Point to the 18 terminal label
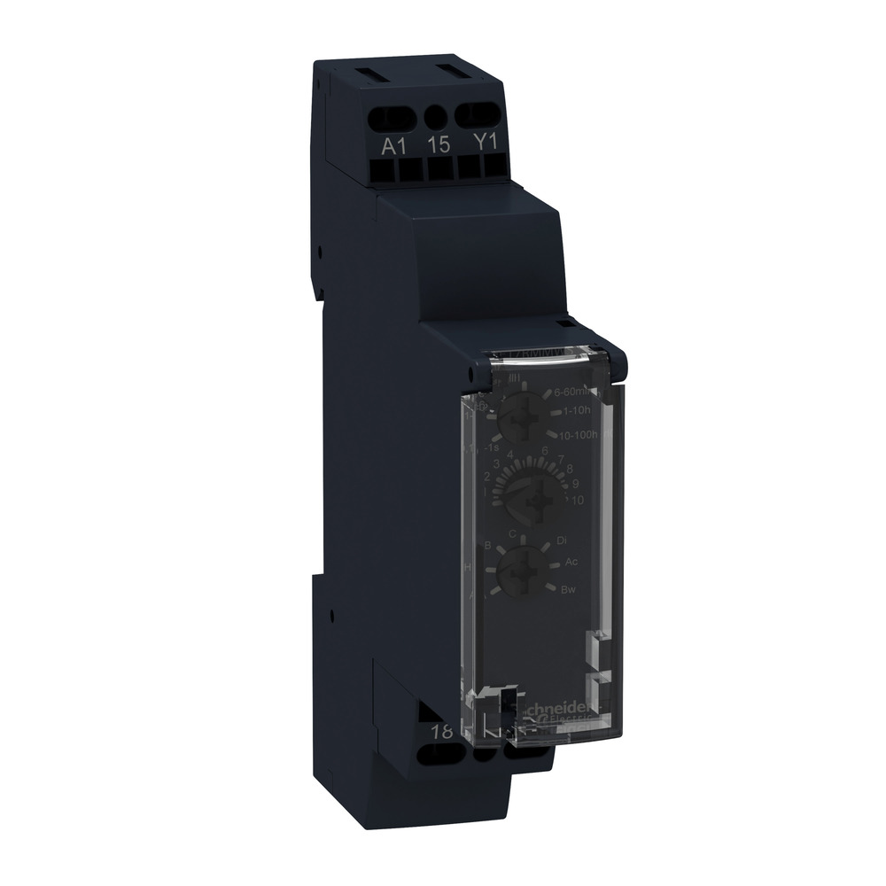point(439,732)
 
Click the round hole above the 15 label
point(436,116)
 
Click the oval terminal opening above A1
point(393,115)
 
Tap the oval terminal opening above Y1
point(478,113)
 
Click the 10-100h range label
point(580,434)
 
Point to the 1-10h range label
point(579,412)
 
